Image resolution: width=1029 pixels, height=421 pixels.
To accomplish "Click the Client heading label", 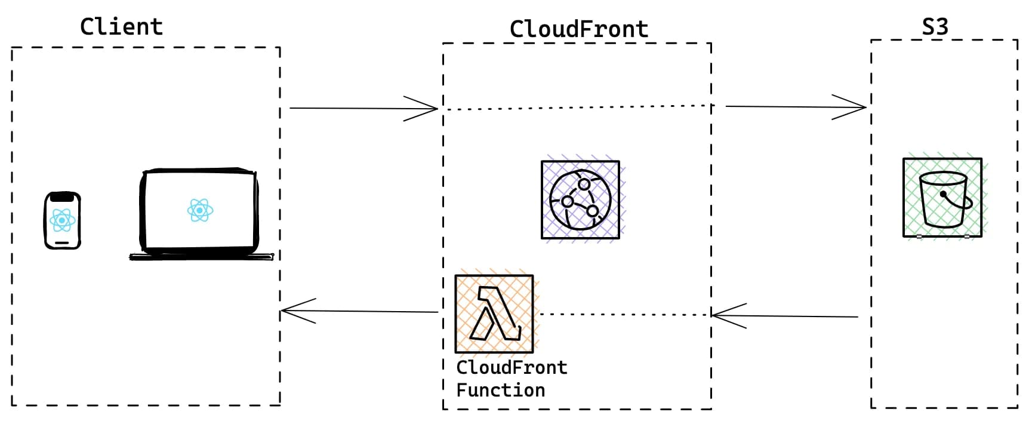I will point(121,27).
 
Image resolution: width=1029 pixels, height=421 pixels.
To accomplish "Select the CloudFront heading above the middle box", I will point(578,29).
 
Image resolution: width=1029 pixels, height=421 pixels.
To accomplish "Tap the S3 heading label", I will point(935,27).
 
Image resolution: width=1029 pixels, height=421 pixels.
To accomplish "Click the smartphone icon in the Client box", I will point(62,220).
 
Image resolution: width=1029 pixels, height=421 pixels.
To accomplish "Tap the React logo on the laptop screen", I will point(200,210).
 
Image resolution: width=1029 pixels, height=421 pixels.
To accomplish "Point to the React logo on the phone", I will point(62,220).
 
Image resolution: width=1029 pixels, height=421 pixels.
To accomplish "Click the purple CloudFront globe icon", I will point(580,200).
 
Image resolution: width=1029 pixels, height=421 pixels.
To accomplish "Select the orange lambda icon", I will point(494,314).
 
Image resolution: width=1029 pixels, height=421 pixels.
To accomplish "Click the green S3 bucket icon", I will point(942,198).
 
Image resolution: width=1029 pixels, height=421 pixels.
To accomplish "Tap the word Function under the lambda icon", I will point(500,391).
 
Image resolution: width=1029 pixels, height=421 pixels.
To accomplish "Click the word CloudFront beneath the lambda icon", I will point(512,368).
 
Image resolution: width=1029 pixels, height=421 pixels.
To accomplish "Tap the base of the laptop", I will point(201,257).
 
